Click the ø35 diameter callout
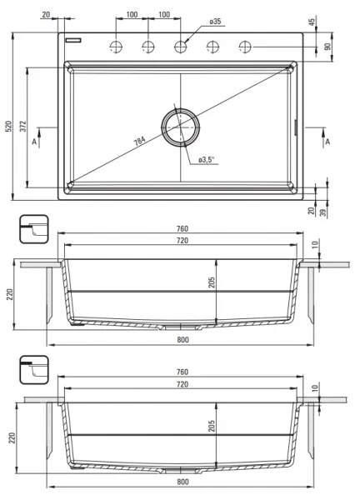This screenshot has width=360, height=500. tap(215, 22)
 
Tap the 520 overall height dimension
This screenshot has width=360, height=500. tap(8, 127)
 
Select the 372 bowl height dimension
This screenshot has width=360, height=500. tap(23, 127)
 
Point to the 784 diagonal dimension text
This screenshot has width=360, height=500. tap(139, 141)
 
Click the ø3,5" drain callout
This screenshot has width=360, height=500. tap(207, 160)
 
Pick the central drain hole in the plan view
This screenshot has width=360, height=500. tap(181, 127)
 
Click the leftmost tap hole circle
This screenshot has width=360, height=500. tap(116, 47)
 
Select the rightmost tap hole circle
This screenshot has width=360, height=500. tap(245, 47)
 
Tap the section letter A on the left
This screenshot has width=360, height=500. tap(34, 142)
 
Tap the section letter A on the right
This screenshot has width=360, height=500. tap(327, 142)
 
